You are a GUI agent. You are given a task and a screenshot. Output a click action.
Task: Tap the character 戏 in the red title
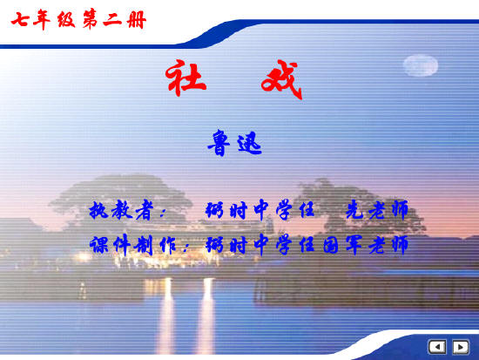pos(279,81)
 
